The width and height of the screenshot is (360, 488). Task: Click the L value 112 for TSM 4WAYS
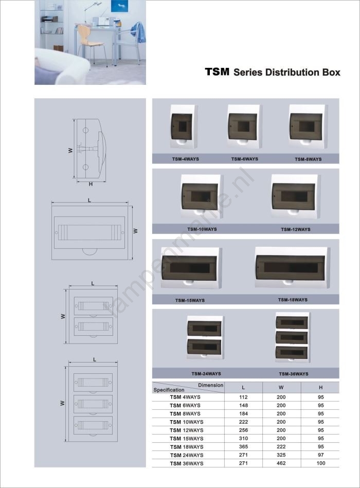pos(243,397)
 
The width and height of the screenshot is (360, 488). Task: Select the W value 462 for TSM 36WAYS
pos(281,463)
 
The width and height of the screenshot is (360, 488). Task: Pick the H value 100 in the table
pos(321,463)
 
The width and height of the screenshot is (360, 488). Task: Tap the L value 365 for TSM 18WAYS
pos(243,447)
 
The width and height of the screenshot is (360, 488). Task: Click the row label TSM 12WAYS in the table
pos(186,430)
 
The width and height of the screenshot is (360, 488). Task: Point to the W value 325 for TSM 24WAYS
pos(281,455)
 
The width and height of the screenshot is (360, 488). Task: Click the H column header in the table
pos(321,388)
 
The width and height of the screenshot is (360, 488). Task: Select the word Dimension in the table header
pos(211,385)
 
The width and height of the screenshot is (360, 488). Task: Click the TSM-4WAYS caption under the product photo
pos(186,159)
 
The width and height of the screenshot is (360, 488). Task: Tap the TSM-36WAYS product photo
pos(292,337)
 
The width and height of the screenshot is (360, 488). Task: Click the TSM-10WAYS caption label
pos(202,229)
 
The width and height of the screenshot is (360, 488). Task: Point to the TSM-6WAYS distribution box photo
pos(245,126)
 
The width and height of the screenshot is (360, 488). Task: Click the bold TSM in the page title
pos(217,72)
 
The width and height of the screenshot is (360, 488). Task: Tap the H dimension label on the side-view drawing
pos(91,184)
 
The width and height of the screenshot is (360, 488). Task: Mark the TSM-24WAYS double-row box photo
pos(205,337)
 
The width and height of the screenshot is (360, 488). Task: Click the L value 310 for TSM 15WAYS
pos(243,439)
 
